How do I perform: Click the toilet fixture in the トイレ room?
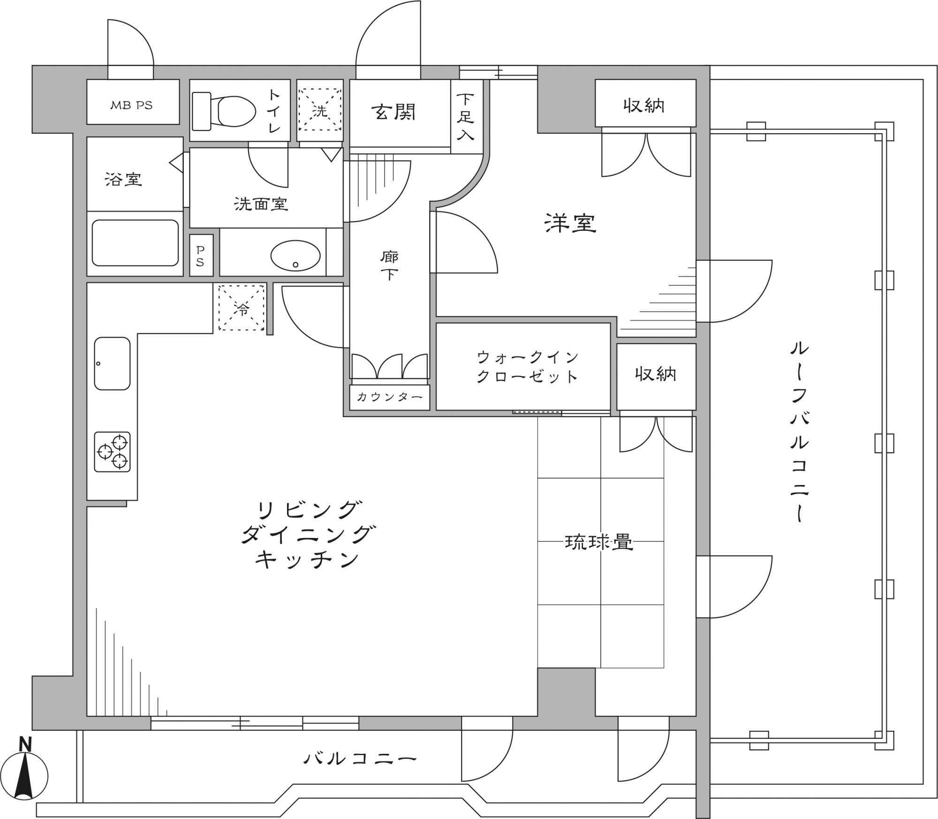pos(224,111)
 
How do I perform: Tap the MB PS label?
pos(131,106)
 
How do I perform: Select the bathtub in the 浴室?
pos(135,243)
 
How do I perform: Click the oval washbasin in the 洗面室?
pos(295,256)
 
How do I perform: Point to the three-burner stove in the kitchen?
pos(112,452)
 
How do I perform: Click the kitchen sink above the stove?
pos(112,364)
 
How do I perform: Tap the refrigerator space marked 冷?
pos(242,307)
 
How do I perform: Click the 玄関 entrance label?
pos(394,112)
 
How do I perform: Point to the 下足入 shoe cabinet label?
pos(465,117)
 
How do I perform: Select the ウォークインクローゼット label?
pos(527,367)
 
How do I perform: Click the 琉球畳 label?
pos(599,543)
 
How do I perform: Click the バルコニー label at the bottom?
pos(360,759)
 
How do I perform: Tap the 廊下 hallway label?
pos(389,265)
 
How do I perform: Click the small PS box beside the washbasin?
pos(201,255)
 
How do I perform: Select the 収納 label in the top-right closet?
pos(644,106)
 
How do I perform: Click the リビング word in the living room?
pos(310,510)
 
